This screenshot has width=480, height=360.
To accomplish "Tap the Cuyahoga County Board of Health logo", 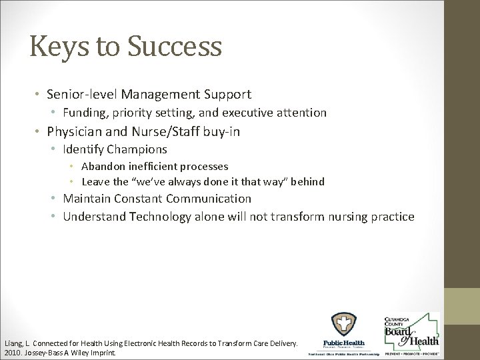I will (x=410, y=331).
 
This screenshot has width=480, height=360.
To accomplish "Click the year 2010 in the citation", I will (x=11, y=351).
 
